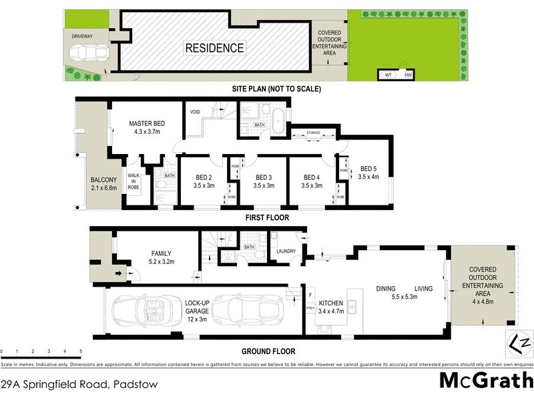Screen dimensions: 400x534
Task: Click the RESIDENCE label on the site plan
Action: tap(214, 48)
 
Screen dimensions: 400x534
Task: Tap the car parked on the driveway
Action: tap(90, 53)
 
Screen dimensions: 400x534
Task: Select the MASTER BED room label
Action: tap(146, 128)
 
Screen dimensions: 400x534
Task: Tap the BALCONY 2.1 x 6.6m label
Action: tap(103, 184)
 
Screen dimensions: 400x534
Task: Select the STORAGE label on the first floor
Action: tap(314, 133)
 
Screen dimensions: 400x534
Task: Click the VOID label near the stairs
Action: tap(196, 111)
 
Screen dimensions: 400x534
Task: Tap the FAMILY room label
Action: tap(161, 257)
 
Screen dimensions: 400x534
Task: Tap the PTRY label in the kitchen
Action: tap(310, 308)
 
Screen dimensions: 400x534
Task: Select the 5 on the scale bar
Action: tap(81, 351)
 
